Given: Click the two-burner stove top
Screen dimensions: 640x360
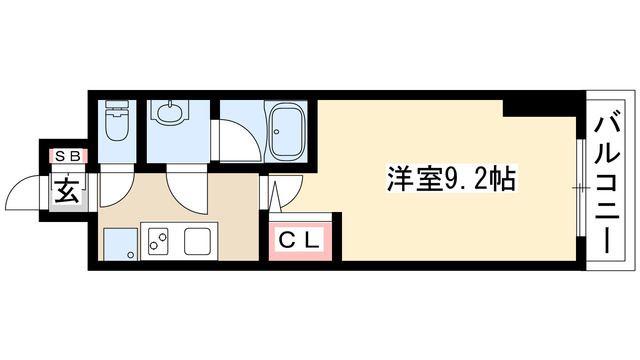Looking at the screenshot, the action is (159, 241).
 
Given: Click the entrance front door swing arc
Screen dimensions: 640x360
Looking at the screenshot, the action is (30, 190).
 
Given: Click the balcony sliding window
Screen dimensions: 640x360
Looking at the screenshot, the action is (581, 186).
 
